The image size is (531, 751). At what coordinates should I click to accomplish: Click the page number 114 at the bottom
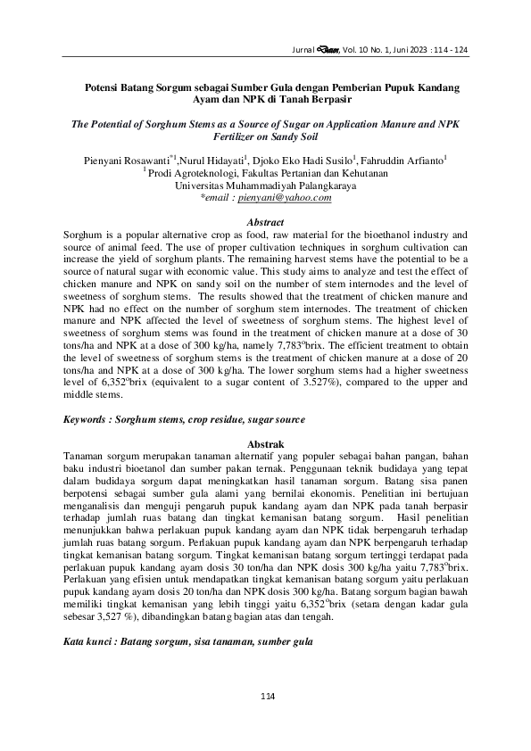tap(265, 695)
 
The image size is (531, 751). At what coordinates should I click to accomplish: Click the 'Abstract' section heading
tap(265, 221)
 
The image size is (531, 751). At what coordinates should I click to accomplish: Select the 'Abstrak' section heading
tap(265, 443)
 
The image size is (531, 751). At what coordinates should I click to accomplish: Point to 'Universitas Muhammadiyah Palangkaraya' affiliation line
tap(265, 186)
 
